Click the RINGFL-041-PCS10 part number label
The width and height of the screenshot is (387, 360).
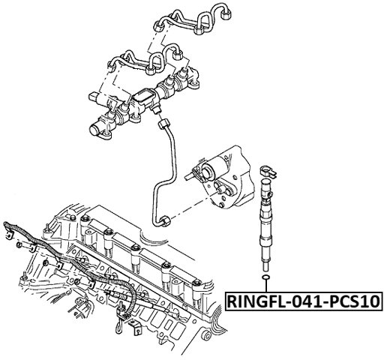pos(304,302)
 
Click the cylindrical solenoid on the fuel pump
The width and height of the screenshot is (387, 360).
pos(202,172)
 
